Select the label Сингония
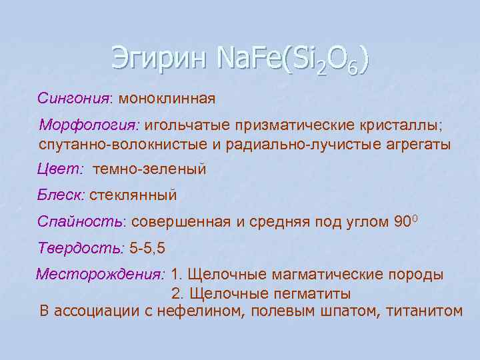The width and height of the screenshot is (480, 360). coord(75,99)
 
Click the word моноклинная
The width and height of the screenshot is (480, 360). coord(167,99)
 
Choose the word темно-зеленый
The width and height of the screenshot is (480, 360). coord(150,169)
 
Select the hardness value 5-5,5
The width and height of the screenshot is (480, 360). coord(148,248)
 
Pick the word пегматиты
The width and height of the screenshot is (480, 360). coord(313,293)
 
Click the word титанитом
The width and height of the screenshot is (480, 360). coord(419,311)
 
